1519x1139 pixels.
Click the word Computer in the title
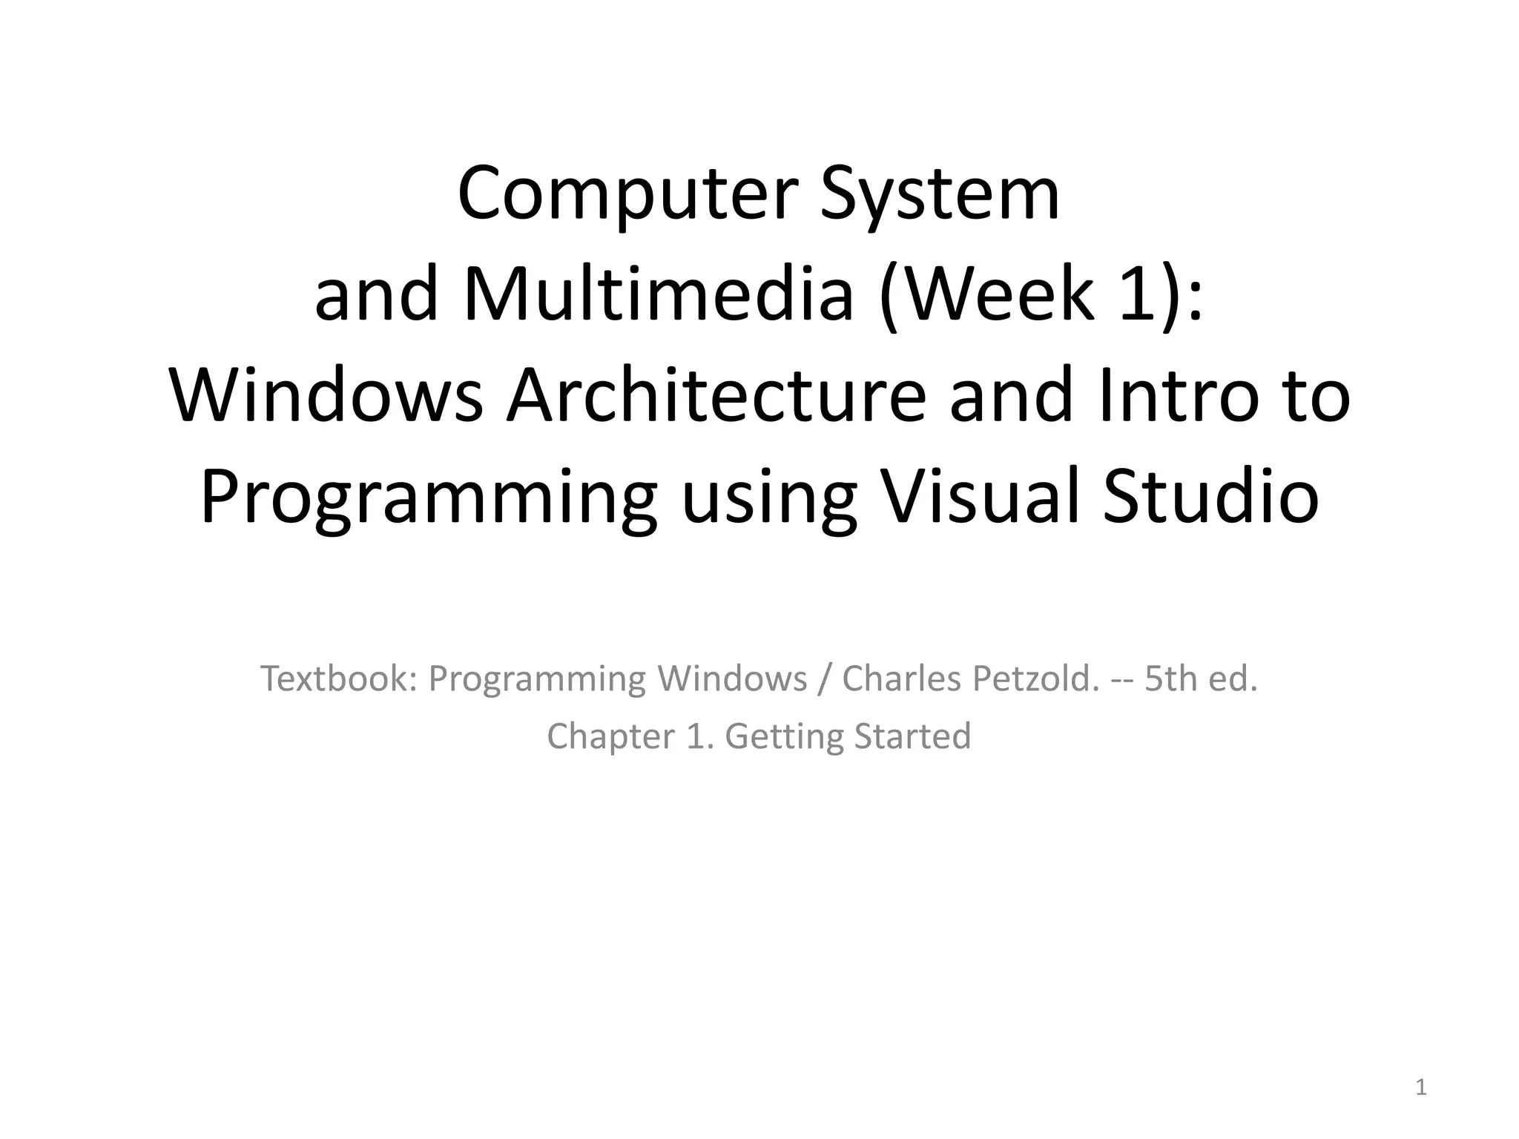627,194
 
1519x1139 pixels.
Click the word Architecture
716,396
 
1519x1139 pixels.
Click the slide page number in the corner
1421,1087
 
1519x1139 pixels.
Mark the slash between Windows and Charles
824,678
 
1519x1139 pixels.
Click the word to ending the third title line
1318,396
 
